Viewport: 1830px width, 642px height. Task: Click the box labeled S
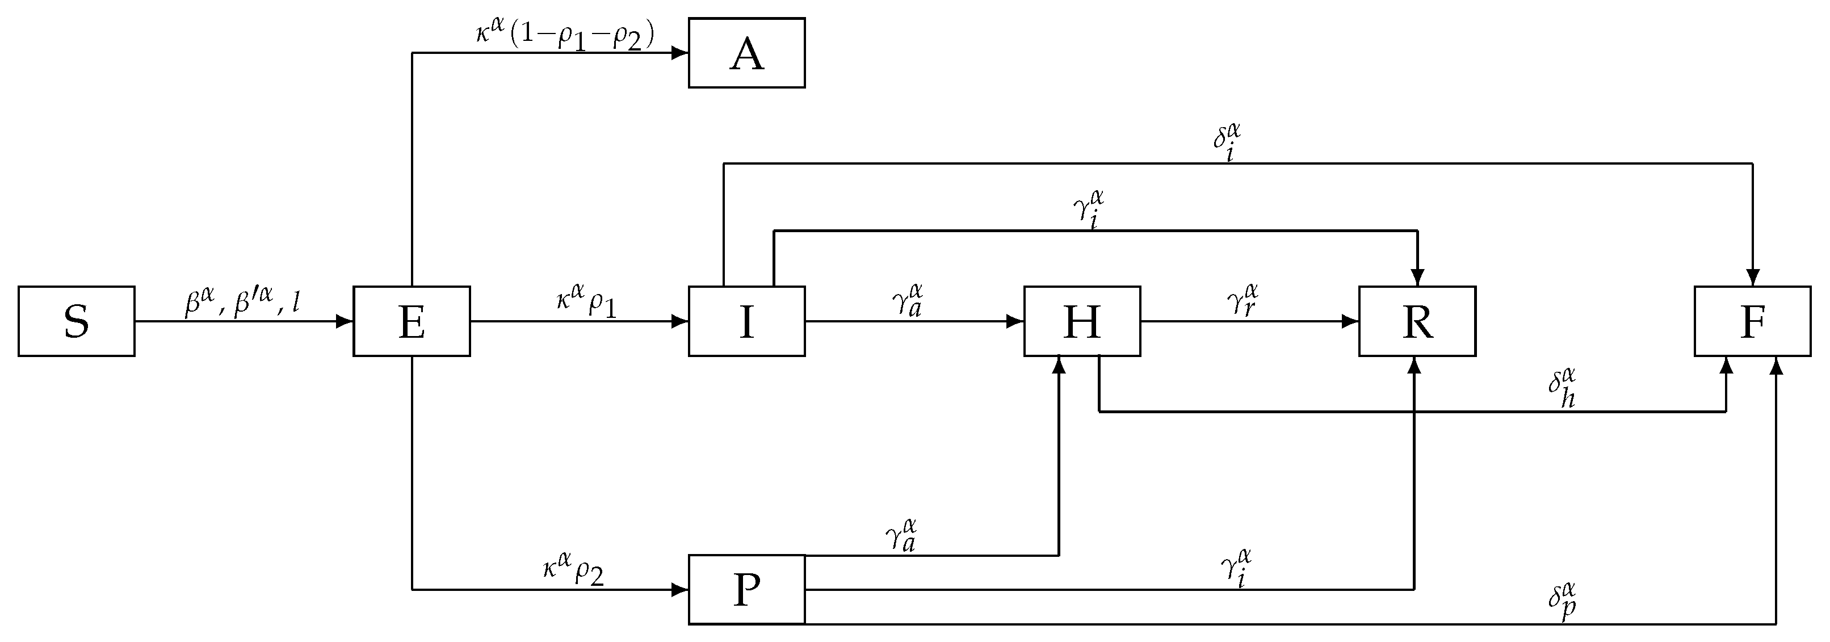(x=76, y=321)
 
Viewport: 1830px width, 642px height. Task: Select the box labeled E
(x=412, y=321)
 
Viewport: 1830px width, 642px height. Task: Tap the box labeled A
(x=746, y=53)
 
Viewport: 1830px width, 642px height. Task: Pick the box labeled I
(x=746, y=321)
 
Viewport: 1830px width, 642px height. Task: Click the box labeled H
(x=1082, y=321)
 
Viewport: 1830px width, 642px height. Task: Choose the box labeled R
(x=1417, y=321)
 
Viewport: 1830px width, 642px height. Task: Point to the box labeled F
(x=1753, y=321)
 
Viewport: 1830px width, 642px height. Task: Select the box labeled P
(x=746, y=589)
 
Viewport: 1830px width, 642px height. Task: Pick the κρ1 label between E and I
(x=586, y=302)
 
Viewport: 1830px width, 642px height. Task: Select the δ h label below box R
(x=1563, y=388)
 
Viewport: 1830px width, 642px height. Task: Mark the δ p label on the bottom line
(x=1563, y=602)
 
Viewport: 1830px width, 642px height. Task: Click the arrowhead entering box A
(x=681, y=53)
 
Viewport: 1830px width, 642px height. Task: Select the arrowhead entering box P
(x=681, y=589)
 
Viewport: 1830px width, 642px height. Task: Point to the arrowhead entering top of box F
(x=1753, y=278)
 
